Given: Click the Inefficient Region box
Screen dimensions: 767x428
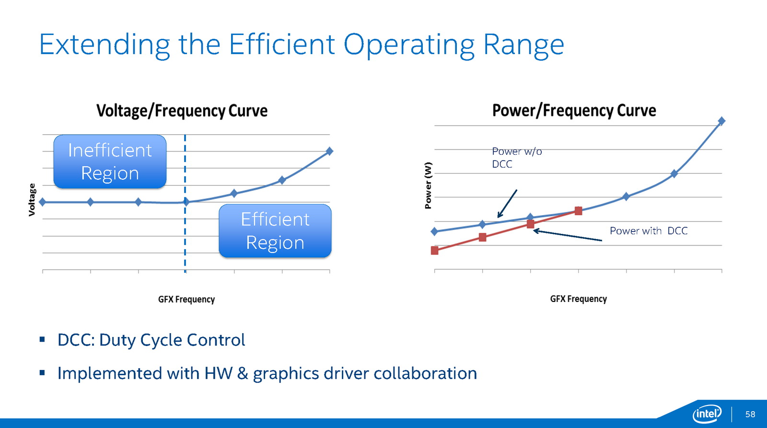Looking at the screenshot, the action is pyautogui.click(x=110, y=162).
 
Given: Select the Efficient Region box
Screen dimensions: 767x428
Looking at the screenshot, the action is pyautogui.click(x=275, y=231).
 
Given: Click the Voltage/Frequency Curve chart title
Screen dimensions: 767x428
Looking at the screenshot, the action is pyautogui.click(x=182, y=111).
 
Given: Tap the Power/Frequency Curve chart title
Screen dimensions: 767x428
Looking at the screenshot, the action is pyautogui.click(x=574, y=111).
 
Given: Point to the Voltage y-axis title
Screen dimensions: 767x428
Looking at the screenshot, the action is pyautogui.click(x=32, y=199).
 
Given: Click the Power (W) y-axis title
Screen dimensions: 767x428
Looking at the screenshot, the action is pyautogui.click(x=428, y=185).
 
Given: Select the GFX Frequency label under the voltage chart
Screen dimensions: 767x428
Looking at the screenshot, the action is pyautogui.click(x=186, y=299).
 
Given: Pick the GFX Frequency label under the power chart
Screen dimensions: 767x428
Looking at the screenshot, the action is pyautogui.click(x=578, y=299).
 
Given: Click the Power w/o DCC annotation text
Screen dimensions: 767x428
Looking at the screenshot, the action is pyautogui.click(x=517, y=158).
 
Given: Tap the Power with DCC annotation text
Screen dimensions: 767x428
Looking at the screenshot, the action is pyautogui.click(x=649, y=231).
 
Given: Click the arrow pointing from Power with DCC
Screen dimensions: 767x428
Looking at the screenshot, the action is pyautogui.click(x=568, y=236).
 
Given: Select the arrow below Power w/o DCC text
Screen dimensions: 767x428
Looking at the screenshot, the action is pyautogui.click(x=507, y=204).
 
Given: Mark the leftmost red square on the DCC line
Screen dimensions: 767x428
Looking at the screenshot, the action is pyautogui.click(x=434, y=251).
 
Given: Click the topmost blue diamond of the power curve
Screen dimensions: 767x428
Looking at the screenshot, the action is pyautogui.click(x=721, y=121).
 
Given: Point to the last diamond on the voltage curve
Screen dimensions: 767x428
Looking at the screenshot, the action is pyautogui.click(x=329, y=151).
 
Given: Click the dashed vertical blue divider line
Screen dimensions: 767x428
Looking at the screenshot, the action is pyautogui.click(x=185, y=204).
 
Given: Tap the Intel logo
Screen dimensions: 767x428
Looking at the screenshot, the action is pyautogui.click(x=707, y=414).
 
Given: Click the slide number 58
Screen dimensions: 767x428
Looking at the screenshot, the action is pyautogui.click(x=750, y=414).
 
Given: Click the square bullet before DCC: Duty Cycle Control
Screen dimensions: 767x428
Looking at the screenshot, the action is pyautogui.click(x=42, y=339).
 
